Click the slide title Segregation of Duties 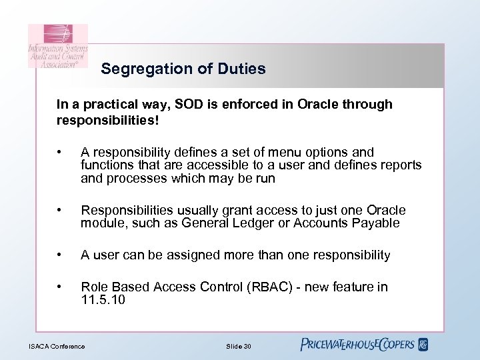[183, 69]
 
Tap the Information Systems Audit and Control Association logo [57, 46]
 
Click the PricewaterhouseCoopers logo [364, 345]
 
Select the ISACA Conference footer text [57, 345]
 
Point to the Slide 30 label [239, 345]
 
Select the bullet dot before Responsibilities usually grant [61, 211]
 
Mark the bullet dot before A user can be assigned [61, 255]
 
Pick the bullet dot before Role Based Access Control [61, 287]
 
